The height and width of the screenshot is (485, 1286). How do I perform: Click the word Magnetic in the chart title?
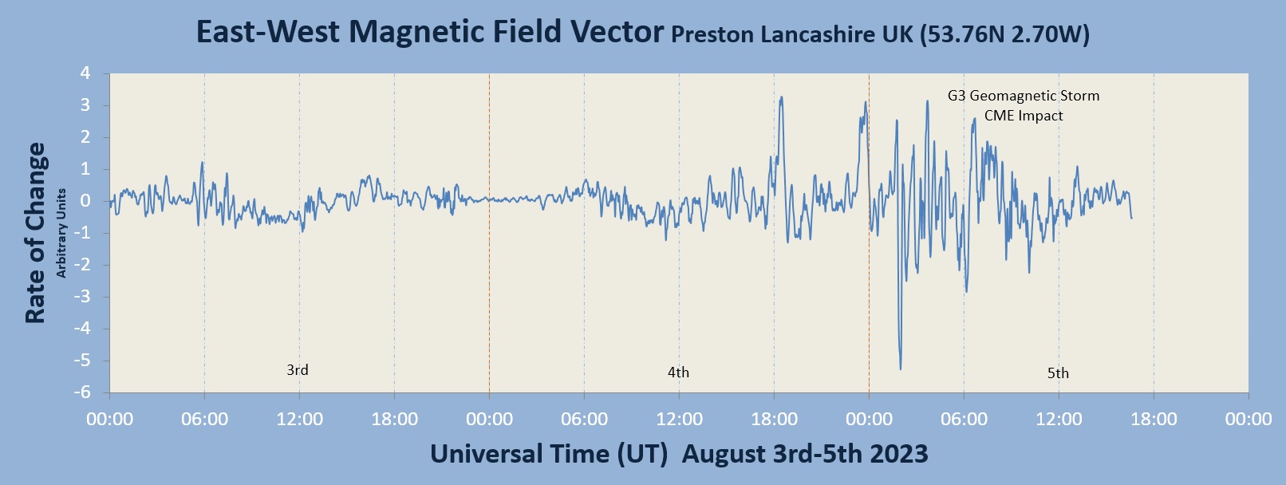coord(416,32)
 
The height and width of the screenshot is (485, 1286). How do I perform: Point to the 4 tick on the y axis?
coord(85,73)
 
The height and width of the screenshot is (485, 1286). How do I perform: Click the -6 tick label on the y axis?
coord(82,392)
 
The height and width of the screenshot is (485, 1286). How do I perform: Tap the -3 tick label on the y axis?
coord(82,297)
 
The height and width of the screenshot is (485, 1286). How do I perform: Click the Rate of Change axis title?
coord(35,233)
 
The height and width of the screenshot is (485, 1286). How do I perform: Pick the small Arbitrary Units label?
coord(61,233)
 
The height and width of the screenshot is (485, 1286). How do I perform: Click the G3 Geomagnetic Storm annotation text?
coord(1024,96)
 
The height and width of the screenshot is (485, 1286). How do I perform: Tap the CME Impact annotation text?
coord(1024,116)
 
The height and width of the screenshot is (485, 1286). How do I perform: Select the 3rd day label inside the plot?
coord(298,370)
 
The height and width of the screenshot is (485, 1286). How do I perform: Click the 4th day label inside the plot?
coord(678,373)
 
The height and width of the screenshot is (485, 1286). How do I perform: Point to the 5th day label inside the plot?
coord(1058,373)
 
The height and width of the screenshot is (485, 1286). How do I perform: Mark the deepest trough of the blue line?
coord(901,369)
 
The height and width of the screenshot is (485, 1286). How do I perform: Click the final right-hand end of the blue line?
coord(1131,218)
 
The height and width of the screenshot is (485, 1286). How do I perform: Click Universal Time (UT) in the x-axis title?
coord(549,454)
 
